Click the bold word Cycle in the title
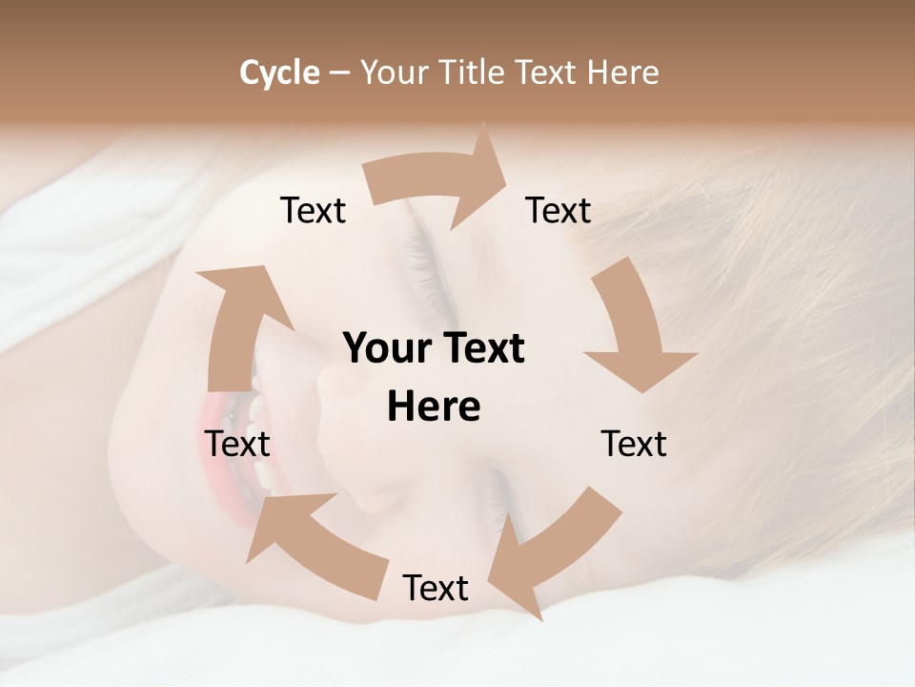(x=279, y=73)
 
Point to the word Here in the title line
(x=622, y=73)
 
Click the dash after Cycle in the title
(x=339, y=73)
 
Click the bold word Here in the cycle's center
(x=434, y=407)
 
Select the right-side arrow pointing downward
(x=634, y=329)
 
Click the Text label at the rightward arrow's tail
(x=313, y=211)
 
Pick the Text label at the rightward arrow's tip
(x=559, y=211)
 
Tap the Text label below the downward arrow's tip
(x=634, y=444)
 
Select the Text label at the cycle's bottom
(x=436, y=588)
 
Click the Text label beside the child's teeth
(x=237, y=444)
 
